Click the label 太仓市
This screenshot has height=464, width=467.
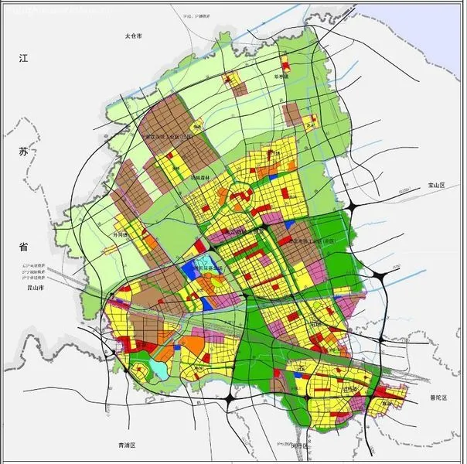[x=135, y=36]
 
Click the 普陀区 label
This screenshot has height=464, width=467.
[x=439, y=397]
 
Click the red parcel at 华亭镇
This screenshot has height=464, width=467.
[x=230, y=79]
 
